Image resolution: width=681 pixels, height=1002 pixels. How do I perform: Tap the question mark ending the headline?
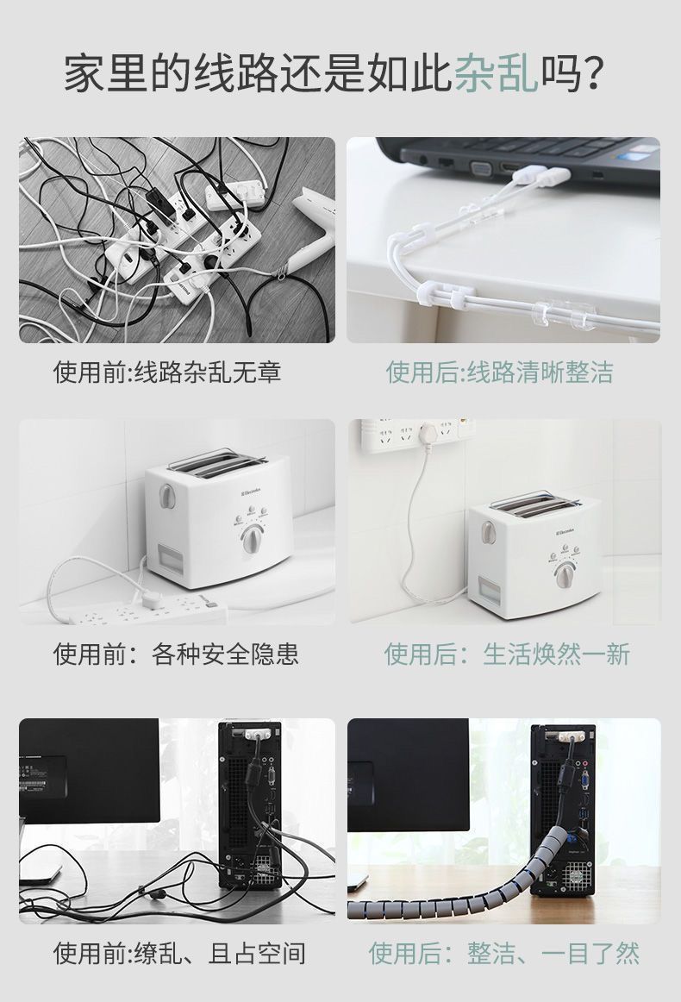[594, 75]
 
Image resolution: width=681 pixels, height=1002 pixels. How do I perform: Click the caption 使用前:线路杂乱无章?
[167, 373]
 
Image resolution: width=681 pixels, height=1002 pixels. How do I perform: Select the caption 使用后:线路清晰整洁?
[499, 373]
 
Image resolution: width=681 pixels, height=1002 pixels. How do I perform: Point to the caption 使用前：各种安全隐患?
[176, 654]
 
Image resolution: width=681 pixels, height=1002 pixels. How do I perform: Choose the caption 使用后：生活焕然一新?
[507, 654]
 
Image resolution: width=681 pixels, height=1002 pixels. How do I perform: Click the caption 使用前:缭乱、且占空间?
[179, 954]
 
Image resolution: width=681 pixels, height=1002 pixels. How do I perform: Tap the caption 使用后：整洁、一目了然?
[504, 954]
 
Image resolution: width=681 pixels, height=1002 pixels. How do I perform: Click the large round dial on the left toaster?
[253, 541]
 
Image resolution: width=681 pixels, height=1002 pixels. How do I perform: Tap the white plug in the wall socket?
[429, 432]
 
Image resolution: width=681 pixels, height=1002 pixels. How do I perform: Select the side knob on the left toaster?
[166, 497]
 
